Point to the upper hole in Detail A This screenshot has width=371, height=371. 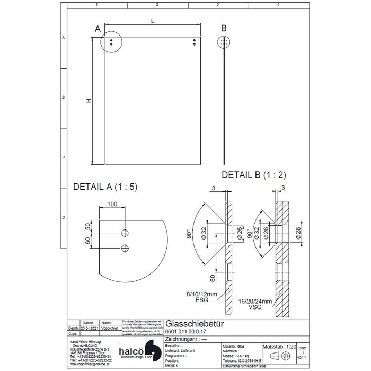[125, 233]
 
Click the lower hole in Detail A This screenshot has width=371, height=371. [125, 248]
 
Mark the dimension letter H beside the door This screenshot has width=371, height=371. [89, 101]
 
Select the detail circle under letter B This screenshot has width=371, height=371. [225, 42]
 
